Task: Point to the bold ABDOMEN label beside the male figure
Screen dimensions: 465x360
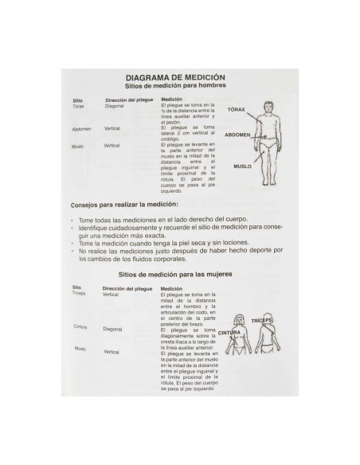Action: click(238, 135)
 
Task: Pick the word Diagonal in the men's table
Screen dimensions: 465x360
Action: click(115, 106)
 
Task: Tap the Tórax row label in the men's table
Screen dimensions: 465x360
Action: click(78, 106)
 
